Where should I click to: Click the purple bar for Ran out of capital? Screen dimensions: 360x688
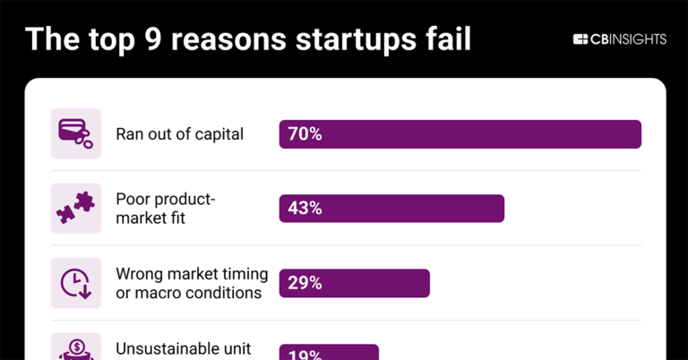(x=460, y=133)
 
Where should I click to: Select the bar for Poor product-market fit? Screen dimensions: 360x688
(x=391, y=208)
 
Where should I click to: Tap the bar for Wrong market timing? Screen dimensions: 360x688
(x=355, y=283)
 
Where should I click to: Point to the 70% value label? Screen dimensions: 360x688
(x=305, y=134)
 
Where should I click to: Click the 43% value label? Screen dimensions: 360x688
(x=305, y=209)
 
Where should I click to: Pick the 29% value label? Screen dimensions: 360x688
(x=305, y=283)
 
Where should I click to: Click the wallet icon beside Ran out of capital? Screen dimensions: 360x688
(x=75, y=133)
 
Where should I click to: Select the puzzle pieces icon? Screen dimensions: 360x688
(x=75, y=208)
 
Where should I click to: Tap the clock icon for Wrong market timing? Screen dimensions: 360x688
(x=75, y=283)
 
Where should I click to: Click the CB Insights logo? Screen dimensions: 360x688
(x=619, y=39)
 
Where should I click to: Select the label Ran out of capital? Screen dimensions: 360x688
(x=179, y=134)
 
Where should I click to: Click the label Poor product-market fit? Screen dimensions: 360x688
(x=166, y=208)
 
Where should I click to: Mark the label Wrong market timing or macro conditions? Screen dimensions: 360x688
(x=188, y=283)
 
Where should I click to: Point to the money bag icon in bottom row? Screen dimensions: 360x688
(x=75, y=347)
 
